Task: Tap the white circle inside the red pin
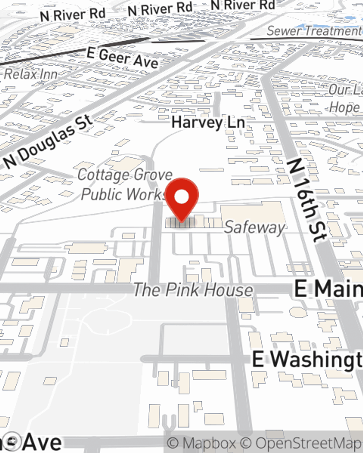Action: pos(182,197)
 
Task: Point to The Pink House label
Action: pos(193,290)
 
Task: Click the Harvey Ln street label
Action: pos(208,122)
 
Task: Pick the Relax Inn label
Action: pos(31,74)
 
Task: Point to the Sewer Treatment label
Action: pos(314,31)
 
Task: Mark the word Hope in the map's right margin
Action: pos(344,108)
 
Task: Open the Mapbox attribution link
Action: pos(201,443)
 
